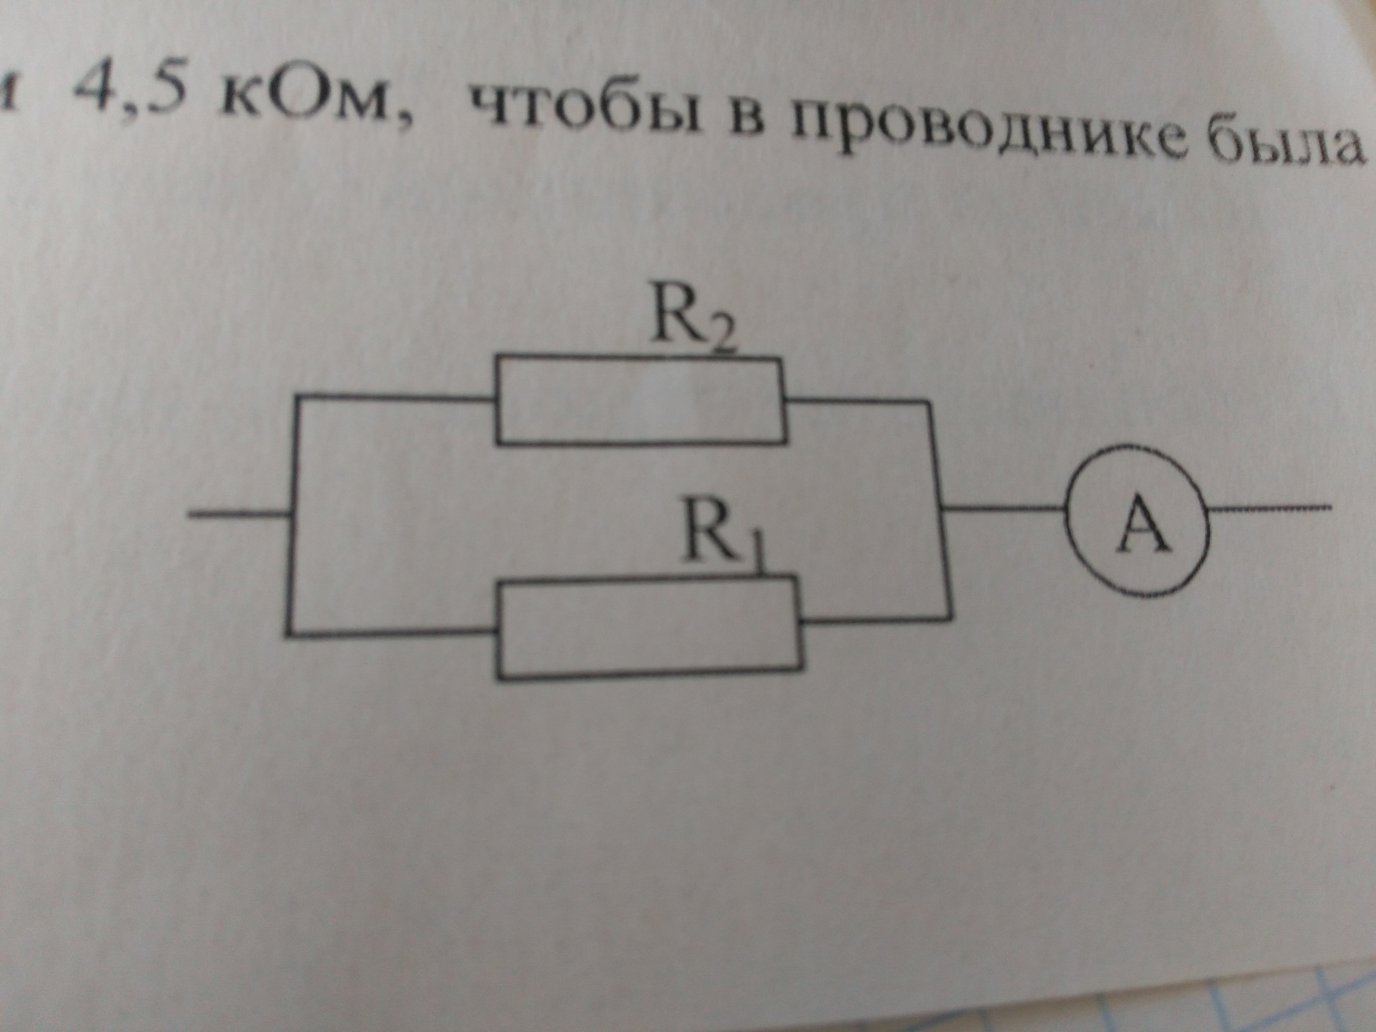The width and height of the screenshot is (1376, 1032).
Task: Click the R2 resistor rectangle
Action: (x=641, y=399)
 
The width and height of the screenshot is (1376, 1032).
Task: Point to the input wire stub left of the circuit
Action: (x=239, y=514)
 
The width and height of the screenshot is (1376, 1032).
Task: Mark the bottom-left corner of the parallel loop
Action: (x=290, y=633)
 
